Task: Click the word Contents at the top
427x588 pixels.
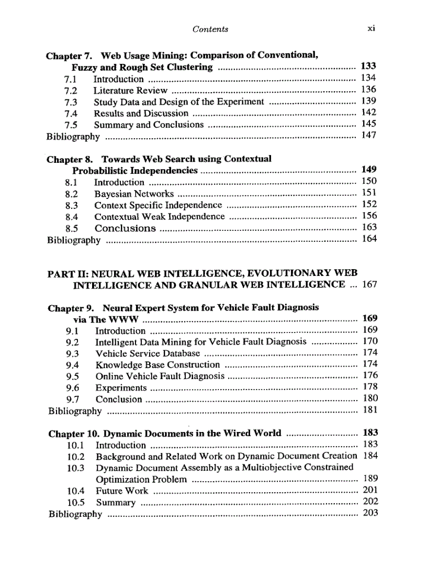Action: (x=210, y=29)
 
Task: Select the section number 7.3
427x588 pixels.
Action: (x=71, y=102)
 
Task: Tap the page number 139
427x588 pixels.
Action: (x=369, y=101)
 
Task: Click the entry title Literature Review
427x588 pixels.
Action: (x=130, y=90)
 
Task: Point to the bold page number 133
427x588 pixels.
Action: (x=368, y=66)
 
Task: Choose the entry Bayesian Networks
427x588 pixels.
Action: (x=134, y=194)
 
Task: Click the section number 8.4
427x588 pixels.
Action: (x=71, y=217)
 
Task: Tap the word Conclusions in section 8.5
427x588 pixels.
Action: (x=125, y=228)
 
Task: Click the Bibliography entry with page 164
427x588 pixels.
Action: (x=74, y=240)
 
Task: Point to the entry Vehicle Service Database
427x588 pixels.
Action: (x=148, y=353)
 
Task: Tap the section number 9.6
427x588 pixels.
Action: (x=73, y=388)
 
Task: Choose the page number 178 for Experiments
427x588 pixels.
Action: (x=369, y=387)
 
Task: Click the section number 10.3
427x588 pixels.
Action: (x=76, y=468)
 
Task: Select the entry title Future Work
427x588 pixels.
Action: (x=122, y=491)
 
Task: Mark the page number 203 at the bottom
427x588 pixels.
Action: (x=370, y=513)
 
